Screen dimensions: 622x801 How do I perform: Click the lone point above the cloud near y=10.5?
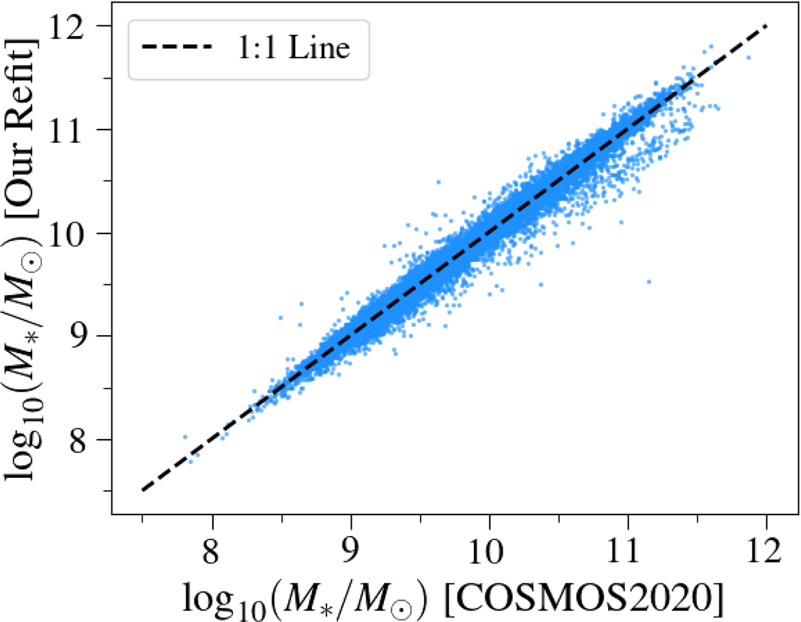pyautogui.click(x=439, y=182)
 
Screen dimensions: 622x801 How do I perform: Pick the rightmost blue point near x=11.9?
pyautogui.click(x=748, y=57)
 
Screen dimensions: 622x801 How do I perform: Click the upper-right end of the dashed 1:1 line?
pyautogui.click(x=766, y=26)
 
